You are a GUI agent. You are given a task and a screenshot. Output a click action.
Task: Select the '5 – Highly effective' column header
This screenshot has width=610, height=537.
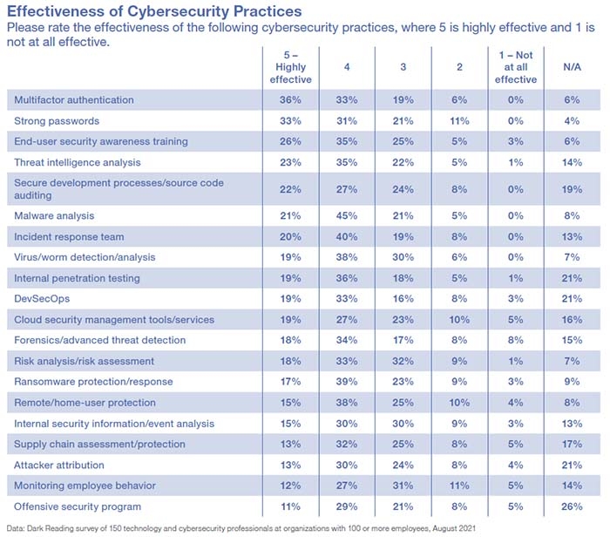[290, 67]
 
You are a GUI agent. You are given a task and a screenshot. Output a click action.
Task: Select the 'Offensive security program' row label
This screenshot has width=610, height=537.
[75, 506]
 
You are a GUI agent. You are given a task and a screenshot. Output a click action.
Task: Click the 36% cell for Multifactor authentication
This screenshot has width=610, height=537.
[290, 99]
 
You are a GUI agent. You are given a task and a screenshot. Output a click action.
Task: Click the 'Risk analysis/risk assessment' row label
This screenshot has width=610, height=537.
[81, 360]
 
